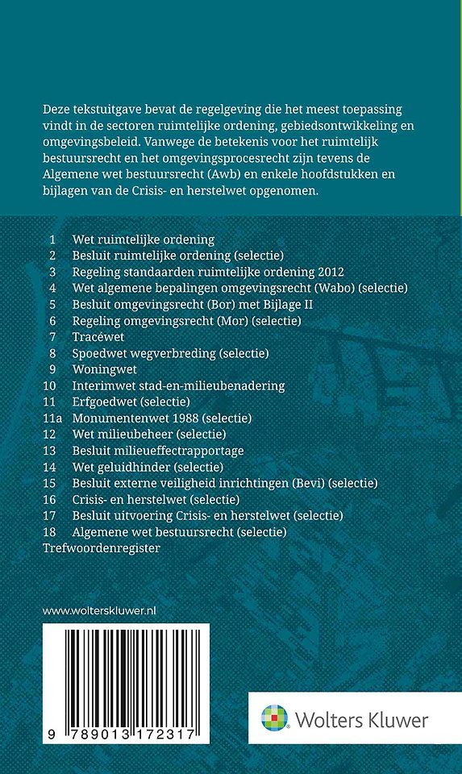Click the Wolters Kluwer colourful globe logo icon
pyautogui.click(x=274, y=718)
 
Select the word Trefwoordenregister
pyautogui.click(x=102, y=548)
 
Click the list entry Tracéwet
pyautogui.click(x=96, y=336)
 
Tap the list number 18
pyautogui.click(x=50, y=532)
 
